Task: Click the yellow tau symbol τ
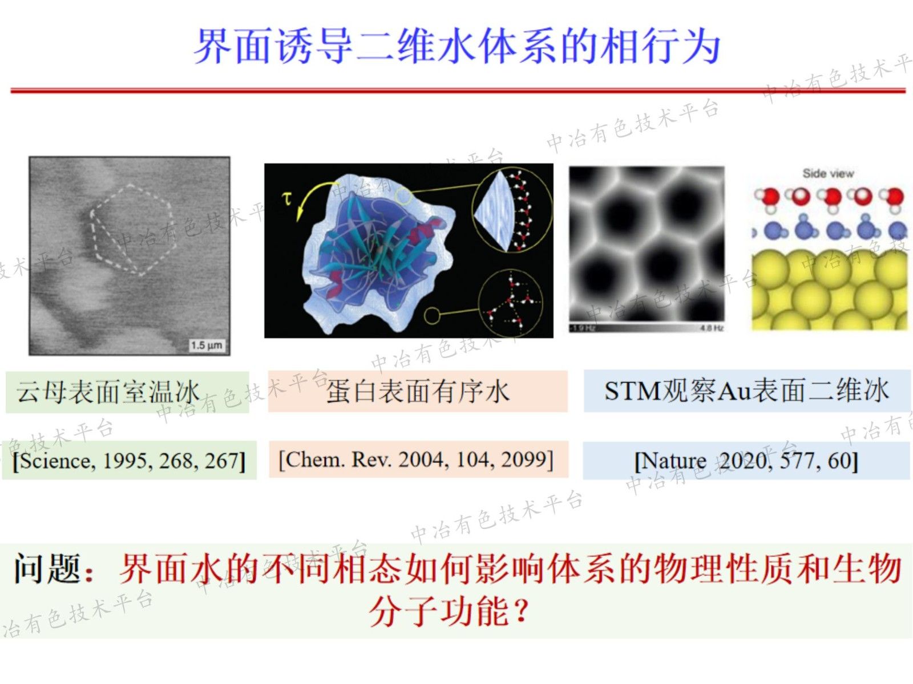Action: point(286,198)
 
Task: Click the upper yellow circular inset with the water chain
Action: point(512,211)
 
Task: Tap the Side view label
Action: point(827,173)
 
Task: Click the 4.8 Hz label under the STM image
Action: point(712,328)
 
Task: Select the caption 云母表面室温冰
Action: point(108,392)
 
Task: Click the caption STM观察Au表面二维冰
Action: point(746,391)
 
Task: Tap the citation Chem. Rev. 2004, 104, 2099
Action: point(416,459)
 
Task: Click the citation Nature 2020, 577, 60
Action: point(746,461)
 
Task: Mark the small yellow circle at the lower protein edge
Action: point(432,315)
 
